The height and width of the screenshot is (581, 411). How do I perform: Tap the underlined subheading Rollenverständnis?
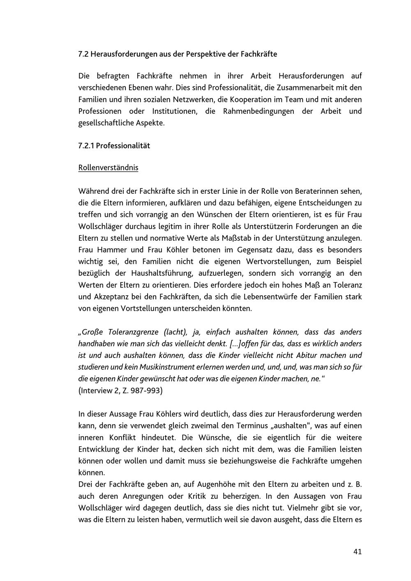108,168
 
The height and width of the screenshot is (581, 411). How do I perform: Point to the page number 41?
357,551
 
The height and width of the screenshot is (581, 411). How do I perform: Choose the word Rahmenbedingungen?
259,111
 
